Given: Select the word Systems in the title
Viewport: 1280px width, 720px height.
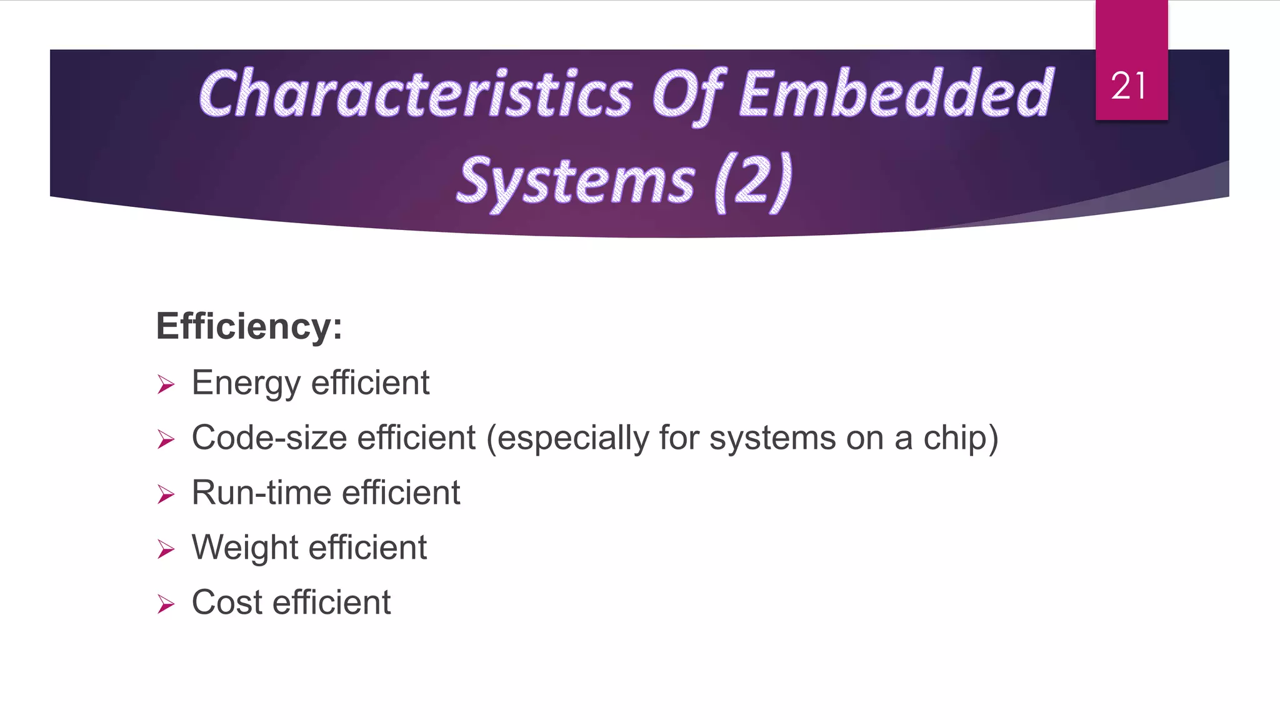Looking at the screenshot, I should (x=576, y=182).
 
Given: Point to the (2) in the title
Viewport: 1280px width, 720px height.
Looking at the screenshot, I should (x=754, y=182).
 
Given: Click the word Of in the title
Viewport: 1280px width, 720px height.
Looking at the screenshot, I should (x=687, y=94).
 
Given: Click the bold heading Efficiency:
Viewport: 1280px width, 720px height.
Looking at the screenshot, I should (x=249, y=326).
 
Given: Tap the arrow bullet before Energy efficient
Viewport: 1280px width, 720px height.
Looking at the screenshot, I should (x=166, y=384).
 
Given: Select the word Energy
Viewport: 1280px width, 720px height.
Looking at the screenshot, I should (x=246, y=384).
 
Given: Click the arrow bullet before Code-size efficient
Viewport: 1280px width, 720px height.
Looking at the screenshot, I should (x=166, y=439).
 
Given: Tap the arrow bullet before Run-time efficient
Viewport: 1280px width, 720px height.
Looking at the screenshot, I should (x=166, y=494).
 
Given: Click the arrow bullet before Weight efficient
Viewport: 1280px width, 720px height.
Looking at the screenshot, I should (x=166, y=549).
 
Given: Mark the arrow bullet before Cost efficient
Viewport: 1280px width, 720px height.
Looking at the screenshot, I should (x=166, y=604).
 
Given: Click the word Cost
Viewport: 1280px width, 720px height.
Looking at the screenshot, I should (x=227, y=602).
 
